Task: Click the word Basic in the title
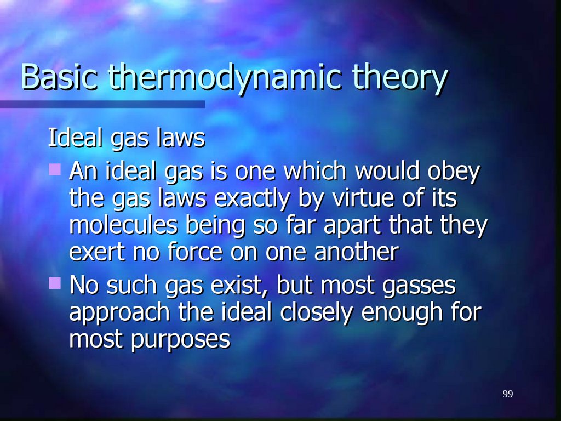59,77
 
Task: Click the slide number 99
507,395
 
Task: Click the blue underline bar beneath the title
102,104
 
